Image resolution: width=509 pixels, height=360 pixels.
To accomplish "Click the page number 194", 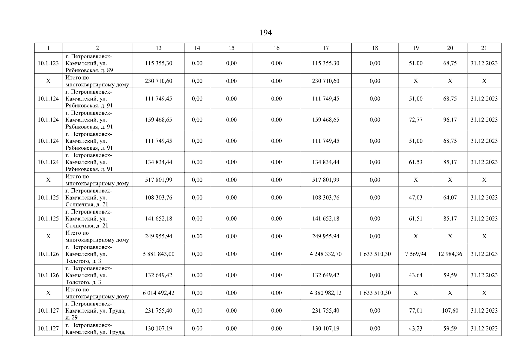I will point(265,33).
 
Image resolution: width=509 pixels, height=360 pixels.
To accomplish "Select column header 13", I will point(158,48).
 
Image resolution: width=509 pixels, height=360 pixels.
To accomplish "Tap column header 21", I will point(484,48).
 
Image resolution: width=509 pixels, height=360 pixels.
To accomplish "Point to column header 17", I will point(325,48).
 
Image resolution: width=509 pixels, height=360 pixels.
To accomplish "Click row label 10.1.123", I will point(48,63).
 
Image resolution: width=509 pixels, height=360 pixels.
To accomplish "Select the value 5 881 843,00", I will point(158,254).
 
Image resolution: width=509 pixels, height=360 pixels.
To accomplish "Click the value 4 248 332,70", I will point(325,254).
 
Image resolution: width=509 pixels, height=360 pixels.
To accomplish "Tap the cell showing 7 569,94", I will point(415,254).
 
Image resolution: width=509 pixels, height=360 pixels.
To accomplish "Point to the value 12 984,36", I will point(450,254).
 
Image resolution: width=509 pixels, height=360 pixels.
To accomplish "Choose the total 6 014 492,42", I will point(158,293).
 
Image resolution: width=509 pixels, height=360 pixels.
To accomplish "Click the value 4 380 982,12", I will point(325,293).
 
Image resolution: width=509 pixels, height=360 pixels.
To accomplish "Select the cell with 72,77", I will point(415,120).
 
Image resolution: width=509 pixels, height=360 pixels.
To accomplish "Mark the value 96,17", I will point(450,120).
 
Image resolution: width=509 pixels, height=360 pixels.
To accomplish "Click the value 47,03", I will point(415,197).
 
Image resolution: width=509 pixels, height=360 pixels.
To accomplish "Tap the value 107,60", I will point(450,310).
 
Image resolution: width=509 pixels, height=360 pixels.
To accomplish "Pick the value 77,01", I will point(415,310).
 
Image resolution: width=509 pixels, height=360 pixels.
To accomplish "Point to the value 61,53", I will point(415,162).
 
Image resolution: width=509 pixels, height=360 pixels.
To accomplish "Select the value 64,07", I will point(450,197).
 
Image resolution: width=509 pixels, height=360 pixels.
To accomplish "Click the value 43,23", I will point(415,328).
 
